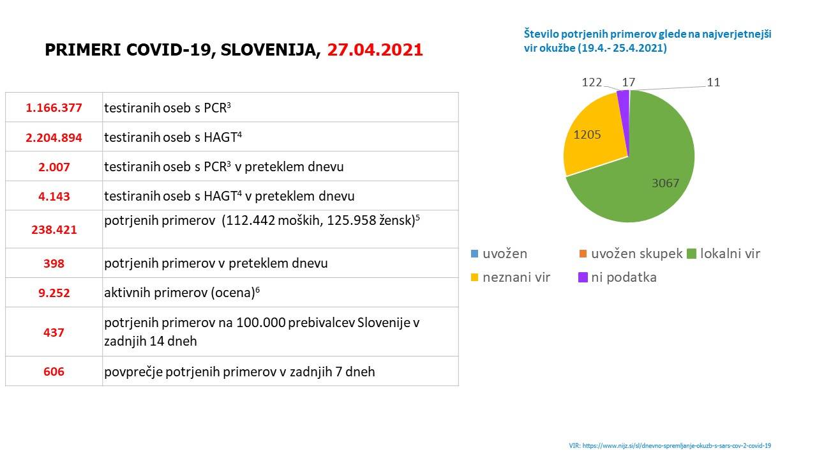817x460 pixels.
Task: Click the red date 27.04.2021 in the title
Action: pos(375,50)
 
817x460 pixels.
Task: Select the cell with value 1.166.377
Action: pos(54,107)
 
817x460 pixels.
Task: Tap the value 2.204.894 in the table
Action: pos(54,137)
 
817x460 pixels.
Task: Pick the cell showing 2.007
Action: pos(54,167)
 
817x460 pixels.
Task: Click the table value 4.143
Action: pos(54,196)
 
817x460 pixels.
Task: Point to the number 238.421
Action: pos(54,229)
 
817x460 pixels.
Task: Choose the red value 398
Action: pos(54,263)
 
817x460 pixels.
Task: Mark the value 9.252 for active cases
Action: pos(54,293)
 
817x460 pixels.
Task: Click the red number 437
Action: pos(54,332)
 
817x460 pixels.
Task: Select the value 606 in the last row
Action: pos(54,371)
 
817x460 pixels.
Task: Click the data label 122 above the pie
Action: pos(592,82)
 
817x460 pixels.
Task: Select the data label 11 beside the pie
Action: pos(713,82)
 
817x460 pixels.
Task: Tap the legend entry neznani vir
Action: pos(516,277)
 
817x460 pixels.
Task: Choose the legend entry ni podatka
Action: pos(623,277)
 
